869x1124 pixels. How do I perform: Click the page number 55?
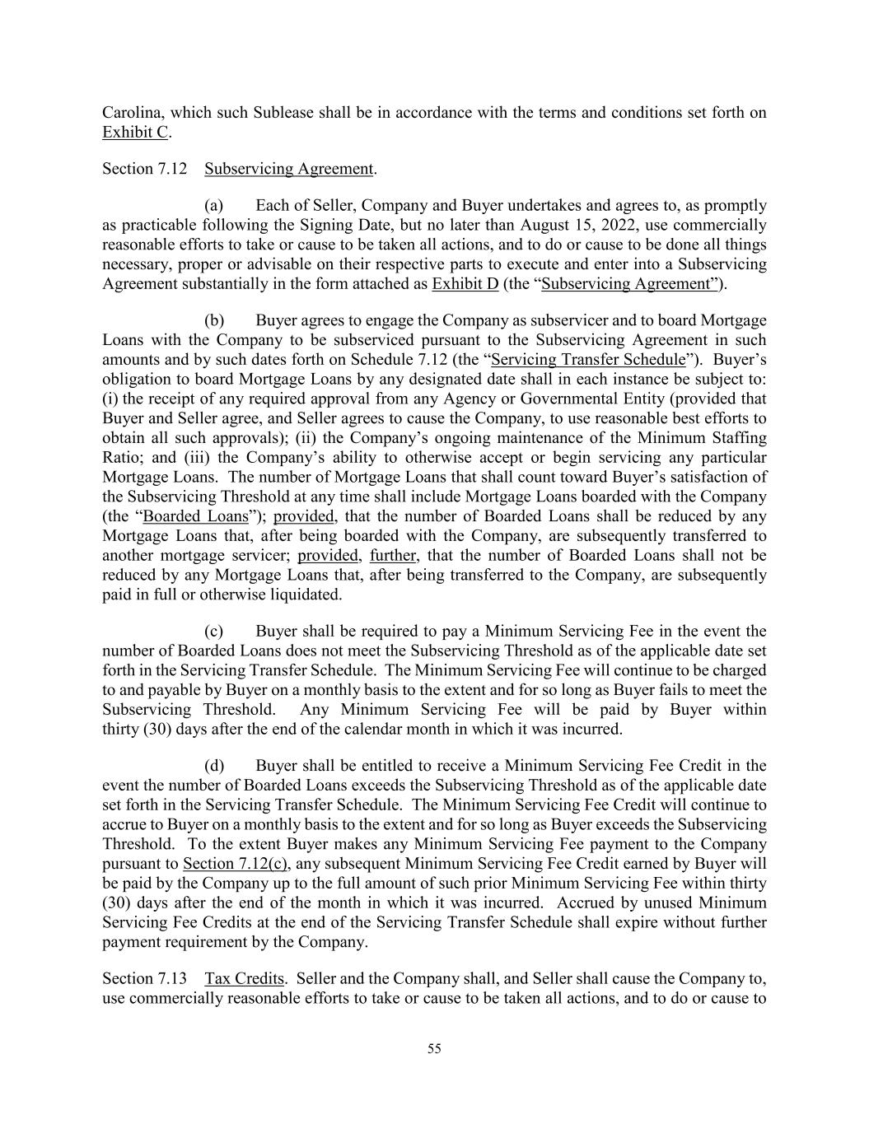click(x=434, y=1049)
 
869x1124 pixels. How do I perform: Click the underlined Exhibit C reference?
click(x=135, y=133)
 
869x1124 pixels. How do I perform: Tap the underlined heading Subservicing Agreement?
click(x=288, y=169)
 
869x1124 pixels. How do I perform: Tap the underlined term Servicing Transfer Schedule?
click(x=588, y=360)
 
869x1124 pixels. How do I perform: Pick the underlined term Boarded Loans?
click(x=195, y=516)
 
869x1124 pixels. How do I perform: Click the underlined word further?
click(x=393, y=556)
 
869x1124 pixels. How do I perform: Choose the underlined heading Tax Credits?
click(x=244, y=979)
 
